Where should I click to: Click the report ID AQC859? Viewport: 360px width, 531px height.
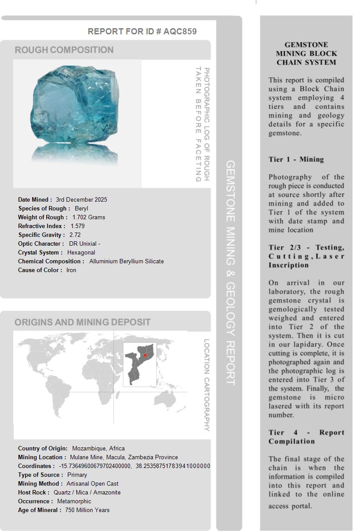(180, 31)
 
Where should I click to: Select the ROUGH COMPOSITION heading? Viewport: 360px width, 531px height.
(64, 50)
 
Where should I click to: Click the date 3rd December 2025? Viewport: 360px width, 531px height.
(82, 199)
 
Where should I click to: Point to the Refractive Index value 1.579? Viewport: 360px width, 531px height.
(78, 226)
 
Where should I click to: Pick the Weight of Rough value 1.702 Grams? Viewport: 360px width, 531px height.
(89, 217)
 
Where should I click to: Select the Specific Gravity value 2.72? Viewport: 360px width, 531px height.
(75, 235)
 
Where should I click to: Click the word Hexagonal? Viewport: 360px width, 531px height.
(81, 252)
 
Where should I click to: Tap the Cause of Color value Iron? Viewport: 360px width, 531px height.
(71, 270)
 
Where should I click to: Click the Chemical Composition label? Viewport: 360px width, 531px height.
(51, 261)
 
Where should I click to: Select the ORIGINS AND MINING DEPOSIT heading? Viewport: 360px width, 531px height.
(82, 322)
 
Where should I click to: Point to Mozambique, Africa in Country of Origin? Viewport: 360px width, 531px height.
(98, 448)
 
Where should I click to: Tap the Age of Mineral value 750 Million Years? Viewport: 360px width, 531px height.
(87, 510)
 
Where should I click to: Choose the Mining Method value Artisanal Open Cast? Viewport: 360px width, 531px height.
(93, 483)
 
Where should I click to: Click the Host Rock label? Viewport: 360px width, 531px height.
(33, 492)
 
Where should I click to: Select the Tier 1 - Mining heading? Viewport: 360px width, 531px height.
(296, 159)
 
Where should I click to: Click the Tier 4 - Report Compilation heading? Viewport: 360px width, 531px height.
(306, 437)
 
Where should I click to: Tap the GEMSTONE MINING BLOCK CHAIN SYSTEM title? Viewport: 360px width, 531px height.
(306, 53)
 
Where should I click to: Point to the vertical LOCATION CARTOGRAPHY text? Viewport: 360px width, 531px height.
(207, 385)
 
